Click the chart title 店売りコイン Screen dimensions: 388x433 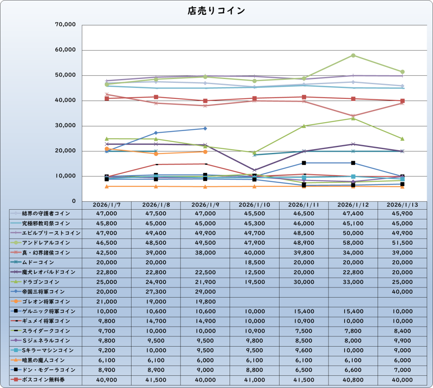pos(216,11)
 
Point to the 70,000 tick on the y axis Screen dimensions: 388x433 pos(66,25)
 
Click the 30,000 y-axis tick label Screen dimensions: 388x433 pos(66,126)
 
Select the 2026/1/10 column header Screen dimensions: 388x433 pos(254,205)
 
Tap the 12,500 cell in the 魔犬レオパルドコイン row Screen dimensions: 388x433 pos(254,272)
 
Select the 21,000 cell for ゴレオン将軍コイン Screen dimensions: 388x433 pos(106,301)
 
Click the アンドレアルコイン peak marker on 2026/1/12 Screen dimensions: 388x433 pos(353,55)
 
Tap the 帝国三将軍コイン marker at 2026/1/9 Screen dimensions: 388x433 pos(205,128)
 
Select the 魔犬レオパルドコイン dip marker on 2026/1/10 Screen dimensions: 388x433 pos(254,170)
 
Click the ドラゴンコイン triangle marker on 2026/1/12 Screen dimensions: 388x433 pos(353,118)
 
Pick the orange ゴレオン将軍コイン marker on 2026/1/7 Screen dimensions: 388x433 pos(107,149)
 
